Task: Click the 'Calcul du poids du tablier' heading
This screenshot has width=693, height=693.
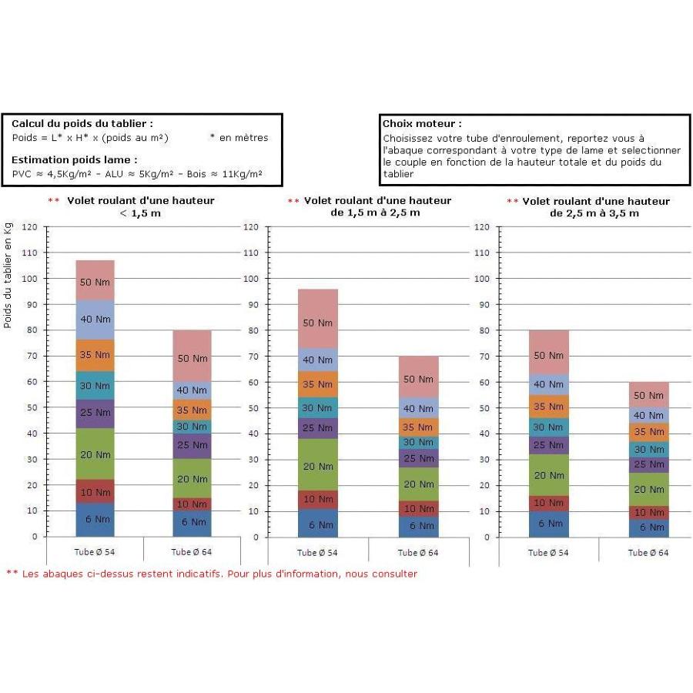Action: (82, 124)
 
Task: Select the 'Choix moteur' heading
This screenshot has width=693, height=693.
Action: (422, 124)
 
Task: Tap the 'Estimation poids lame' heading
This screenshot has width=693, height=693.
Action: (74, 160)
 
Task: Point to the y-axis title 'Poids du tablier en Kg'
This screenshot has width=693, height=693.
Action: (8, 276)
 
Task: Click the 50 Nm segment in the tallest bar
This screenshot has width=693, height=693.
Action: (95, 280)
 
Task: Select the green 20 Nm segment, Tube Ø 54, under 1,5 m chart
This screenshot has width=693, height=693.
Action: (95, 454)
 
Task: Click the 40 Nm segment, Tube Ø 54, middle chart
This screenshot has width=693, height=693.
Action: (318, 360)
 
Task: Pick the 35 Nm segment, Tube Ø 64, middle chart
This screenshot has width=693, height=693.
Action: (419, 427)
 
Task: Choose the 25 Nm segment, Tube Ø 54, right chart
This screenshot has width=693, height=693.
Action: (548, 446)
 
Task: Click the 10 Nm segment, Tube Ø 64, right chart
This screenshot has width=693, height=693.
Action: (649, 513)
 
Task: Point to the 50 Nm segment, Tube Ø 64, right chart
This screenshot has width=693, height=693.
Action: (649, 395)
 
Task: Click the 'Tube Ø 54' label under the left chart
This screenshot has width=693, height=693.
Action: (95, 552)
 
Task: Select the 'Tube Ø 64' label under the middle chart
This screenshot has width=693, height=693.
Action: (418, 552)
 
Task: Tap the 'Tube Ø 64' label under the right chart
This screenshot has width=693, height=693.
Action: (648, 552)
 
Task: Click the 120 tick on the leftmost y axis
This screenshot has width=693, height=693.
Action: (29, 227)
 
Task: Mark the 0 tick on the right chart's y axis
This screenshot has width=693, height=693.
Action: (487, 537)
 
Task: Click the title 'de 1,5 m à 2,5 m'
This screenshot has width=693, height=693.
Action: (375, 213)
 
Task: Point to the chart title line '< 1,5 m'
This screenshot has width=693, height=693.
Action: (140, 213)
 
